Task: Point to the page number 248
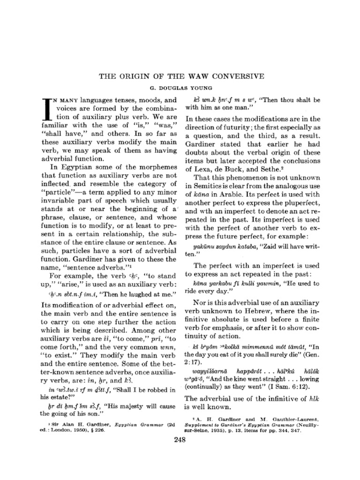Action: [180, 439]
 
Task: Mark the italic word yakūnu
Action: [205, 245]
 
